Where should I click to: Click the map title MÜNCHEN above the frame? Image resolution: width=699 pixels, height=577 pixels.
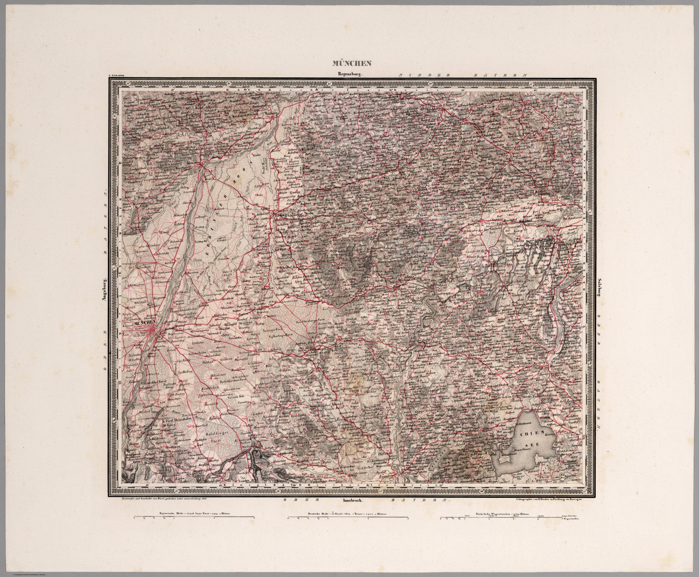click(352, 64)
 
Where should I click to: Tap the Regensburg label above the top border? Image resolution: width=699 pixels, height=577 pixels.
click(349, 74)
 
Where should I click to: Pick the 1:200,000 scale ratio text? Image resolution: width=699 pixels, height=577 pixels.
click(116, 75)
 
